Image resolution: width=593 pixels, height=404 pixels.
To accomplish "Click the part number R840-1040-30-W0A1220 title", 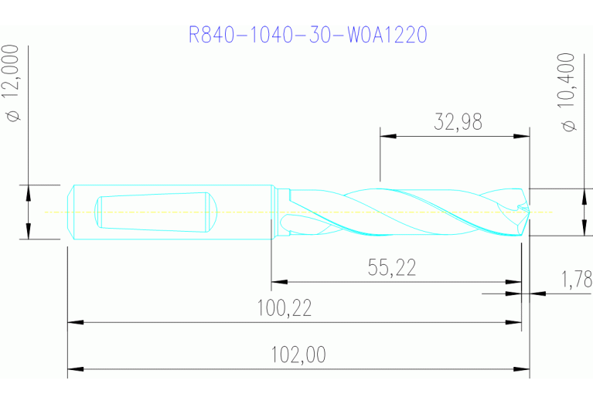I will click(x=308, y=35).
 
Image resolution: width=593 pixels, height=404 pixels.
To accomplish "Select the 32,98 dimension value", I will click(x=454, y=122).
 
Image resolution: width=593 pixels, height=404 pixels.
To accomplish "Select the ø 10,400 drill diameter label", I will click(x=569, y=91).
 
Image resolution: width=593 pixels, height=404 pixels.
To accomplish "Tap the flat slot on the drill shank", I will click(x=155, y=211).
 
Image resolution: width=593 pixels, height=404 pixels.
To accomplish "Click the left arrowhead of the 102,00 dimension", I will click(x=74, y=368).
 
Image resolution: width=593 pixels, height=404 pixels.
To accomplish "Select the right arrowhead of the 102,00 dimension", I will click(x=523, y=368).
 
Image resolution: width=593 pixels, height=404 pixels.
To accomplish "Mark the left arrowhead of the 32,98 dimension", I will click(x=386, y=136).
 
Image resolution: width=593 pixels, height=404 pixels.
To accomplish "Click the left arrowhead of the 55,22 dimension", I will click(x=277, y=282).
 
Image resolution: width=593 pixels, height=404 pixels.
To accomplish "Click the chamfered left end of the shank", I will click(x=70, y=212).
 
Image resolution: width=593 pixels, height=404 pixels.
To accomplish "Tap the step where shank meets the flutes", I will click(x=274, y=212).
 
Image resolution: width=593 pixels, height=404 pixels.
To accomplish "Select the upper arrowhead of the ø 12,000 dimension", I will click(x=29, y=191).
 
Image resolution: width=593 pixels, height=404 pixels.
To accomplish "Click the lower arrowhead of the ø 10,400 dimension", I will click(x=582, y=229).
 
